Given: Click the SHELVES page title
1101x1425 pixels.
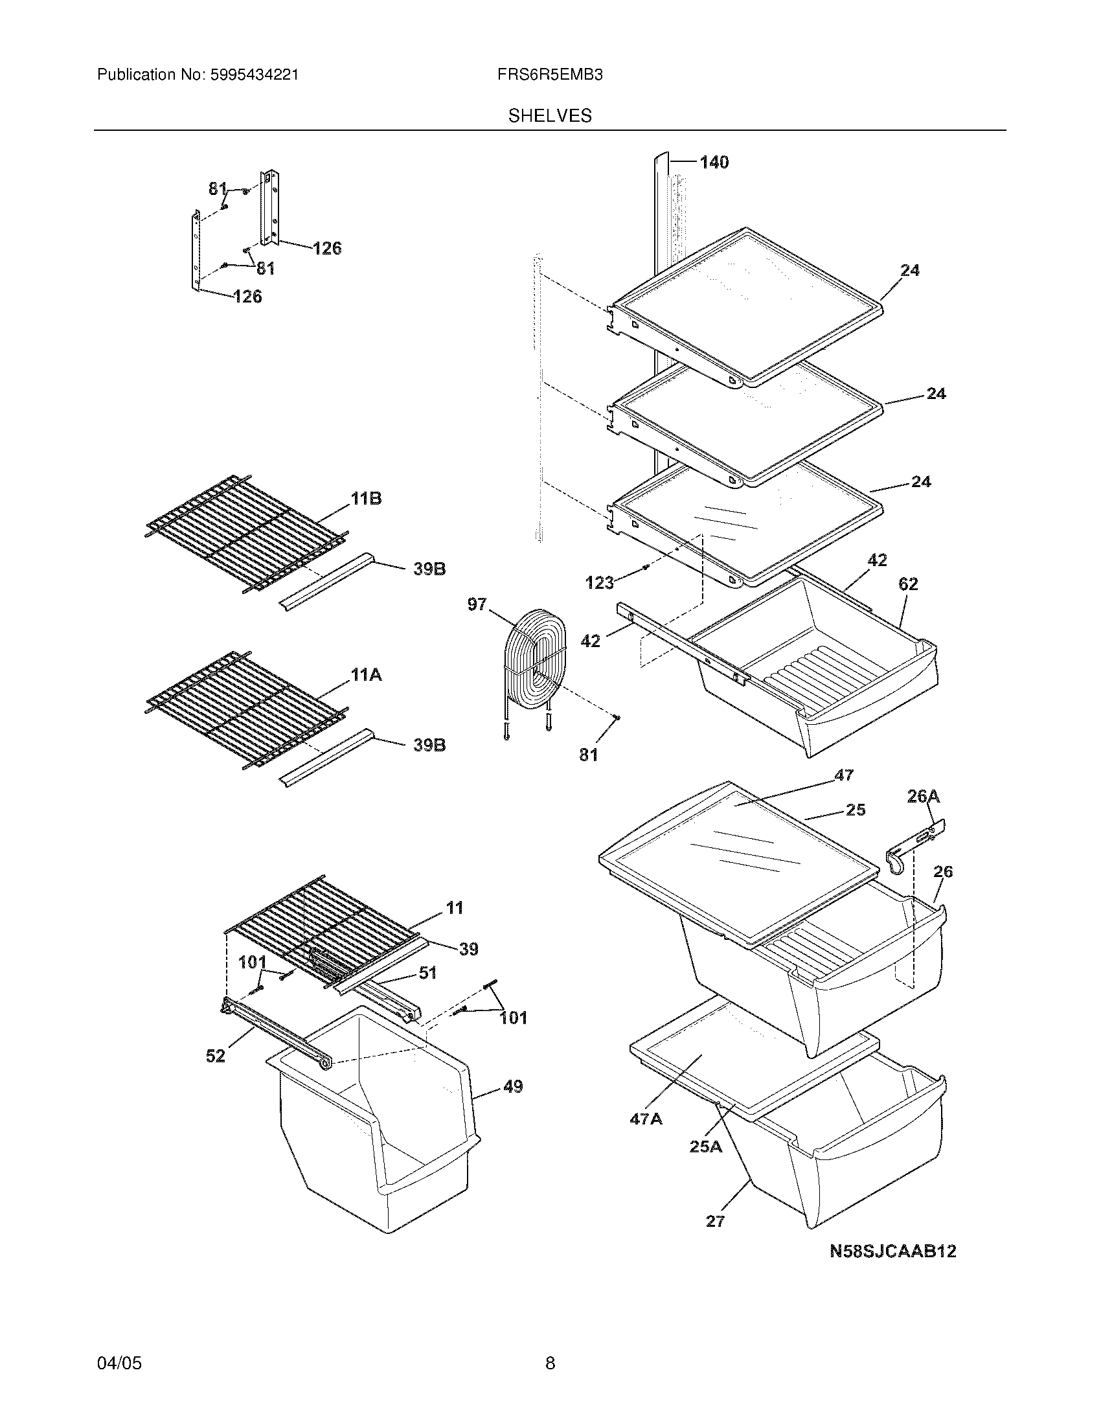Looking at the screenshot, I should coord(550,116).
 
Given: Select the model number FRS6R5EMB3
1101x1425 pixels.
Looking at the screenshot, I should coord(549,75).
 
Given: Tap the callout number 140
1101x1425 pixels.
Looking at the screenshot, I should coord(714,163).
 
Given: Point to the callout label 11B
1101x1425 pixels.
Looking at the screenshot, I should coord(366,499).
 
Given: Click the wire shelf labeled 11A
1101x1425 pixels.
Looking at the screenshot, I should coord(245,708).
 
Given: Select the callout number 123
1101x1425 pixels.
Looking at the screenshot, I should coord(600,582).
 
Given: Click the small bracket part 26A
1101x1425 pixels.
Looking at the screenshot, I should coord(916,845).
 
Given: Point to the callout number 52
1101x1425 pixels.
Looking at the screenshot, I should coord(216,1056).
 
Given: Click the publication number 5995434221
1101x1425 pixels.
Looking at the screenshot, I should coord(254,75).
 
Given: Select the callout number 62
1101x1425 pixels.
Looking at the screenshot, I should coord(908,584).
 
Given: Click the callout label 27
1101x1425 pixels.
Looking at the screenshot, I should coord(716,1222).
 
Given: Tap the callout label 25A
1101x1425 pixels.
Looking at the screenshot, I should coord(706,1146).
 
